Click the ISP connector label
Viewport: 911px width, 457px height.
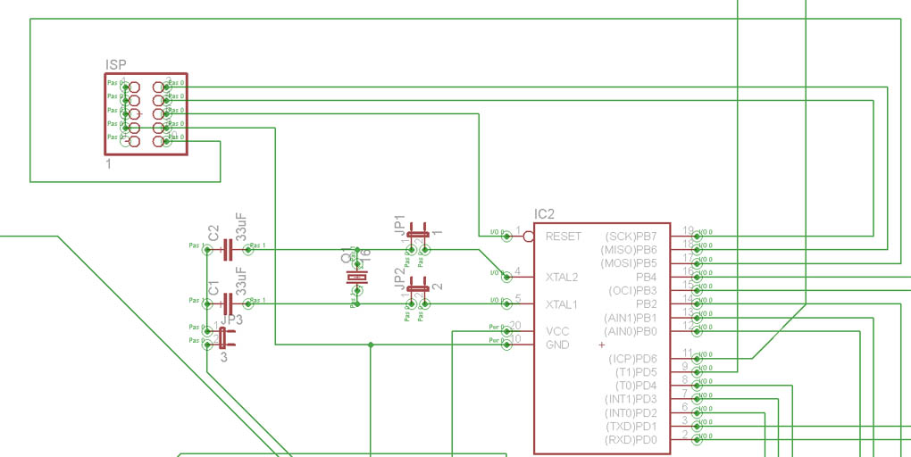115,64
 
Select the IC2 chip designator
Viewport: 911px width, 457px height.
544,214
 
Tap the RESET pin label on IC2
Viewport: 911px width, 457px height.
563,237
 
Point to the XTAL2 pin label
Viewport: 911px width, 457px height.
562,277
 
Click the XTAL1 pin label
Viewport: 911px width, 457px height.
562,304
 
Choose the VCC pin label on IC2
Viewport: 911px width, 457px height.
557,331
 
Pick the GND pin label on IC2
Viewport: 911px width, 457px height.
557,345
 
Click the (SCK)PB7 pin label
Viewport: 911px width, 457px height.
631,237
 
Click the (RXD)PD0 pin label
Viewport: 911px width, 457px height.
631,440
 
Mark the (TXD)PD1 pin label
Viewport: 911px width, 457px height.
631,427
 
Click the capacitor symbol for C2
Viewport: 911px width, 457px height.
228,250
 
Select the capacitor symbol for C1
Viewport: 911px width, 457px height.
228,304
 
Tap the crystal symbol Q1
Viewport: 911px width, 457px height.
355,278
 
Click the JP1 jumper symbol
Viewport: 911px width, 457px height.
418,237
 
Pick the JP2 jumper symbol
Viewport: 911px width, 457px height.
418,291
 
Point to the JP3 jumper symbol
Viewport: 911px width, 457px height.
222,337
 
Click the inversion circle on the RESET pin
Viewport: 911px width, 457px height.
529,237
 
